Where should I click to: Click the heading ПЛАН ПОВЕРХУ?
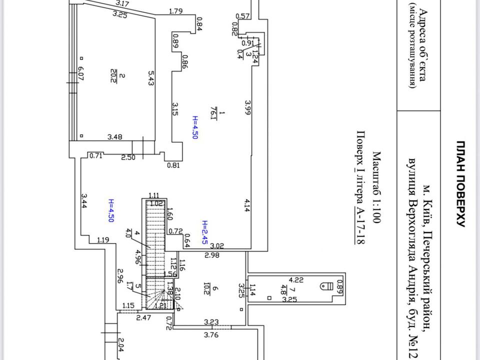461,183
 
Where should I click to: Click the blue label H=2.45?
204,230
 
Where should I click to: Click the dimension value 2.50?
128,158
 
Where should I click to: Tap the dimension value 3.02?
217,245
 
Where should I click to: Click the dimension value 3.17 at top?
121,3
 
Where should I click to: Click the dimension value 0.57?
242,16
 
